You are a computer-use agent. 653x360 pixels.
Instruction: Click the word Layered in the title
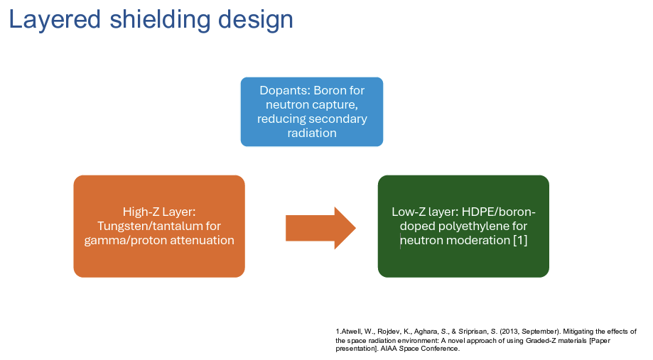(55, 20)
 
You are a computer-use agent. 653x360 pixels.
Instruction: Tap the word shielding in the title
(159, 20)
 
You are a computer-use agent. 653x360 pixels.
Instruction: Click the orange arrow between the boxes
(320, 228)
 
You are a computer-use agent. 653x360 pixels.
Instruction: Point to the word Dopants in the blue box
(284, 90)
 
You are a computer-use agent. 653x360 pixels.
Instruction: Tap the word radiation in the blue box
(312, 133)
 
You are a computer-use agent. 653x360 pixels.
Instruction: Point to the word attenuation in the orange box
(202, 240)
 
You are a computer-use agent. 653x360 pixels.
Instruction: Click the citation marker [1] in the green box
(520, 240)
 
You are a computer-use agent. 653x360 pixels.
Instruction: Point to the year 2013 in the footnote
(509, 332)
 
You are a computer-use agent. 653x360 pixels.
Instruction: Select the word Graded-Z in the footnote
(539, 340)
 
